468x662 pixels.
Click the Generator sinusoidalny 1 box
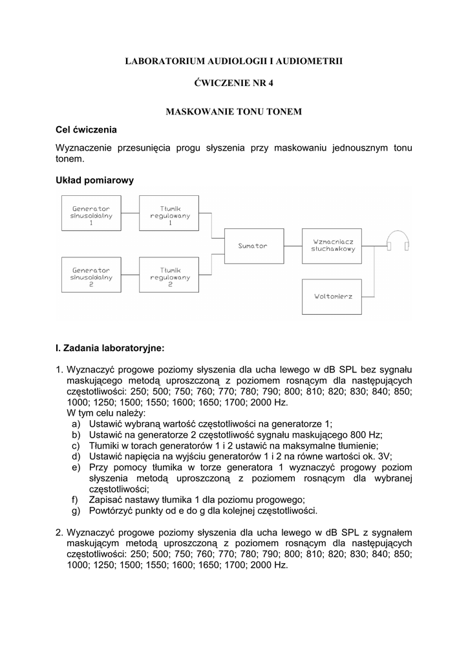(91, 215)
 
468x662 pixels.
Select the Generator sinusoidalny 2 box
(91, 276)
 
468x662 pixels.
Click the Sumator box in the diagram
(252, 246)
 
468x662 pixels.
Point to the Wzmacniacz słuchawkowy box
(333, 246)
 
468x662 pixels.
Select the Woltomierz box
(333, 296)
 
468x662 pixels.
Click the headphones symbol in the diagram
(398, 242)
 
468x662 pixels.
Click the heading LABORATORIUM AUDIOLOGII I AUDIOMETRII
(234, 61)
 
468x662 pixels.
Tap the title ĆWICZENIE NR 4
(234, 86)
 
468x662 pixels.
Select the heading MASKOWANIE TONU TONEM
(234, 112)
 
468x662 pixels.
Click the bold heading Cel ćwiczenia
(87, 129)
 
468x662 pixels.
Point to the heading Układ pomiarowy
(94, 180)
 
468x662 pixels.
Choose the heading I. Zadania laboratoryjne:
(111, 348)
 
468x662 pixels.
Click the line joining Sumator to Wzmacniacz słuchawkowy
(293, 246)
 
